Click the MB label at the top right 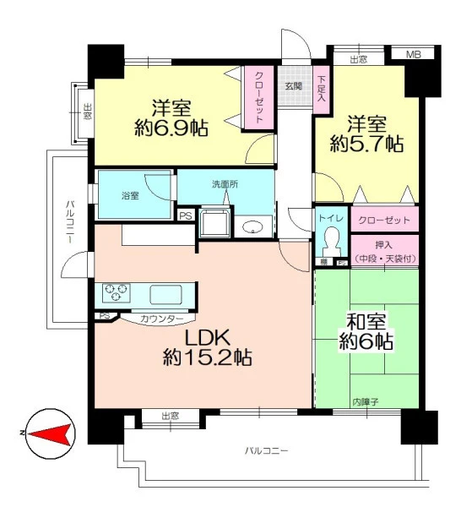click(414, 55)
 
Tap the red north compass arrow click(49, 434)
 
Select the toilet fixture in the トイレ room click(332, 242)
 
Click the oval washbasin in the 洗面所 click(253, 227)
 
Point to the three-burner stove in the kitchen click(117, 293)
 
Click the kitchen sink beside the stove click(165, 295)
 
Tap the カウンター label click(162, 319)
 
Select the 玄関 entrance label click(294, 86)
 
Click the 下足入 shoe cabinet click(322, 90)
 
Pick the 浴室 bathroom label click(130, 196)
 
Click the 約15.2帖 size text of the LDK click(208, 357)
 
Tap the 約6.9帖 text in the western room click(171, 128)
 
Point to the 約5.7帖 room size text click(366, 144)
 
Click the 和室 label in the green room click(366, 321)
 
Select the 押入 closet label click(384, 245)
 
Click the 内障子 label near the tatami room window click(366, 402)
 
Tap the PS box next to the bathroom click(186, 216)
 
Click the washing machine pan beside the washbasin click(214, 222)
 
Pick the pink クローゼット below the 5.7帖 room click(384, 219)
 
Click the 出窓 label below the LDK click(171, 416)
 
